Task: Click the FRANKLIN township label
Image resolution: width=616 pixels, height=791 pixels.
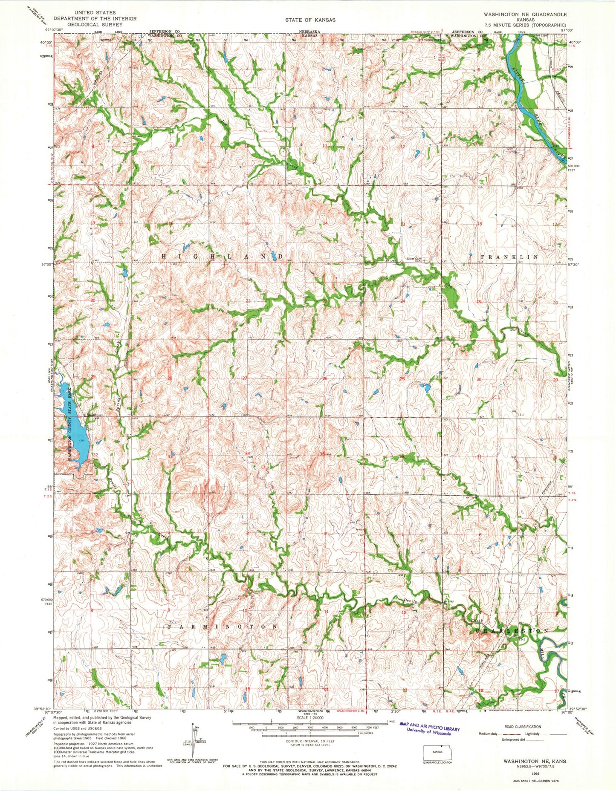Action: point(509,257)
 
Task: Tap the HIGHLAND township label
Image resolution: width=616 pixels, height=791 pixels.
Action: point(222,256)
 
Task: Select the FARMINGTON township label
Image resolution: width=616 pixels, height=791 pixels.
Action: point(223,627)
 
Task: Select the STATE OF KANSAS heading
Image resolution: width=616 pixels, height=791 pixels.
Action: point(310,20)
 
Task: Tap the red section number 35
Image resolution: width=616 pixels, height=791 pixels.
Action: point(323,454)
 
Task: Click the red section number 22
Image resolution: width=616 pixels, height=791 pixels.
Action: point(248,301)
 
